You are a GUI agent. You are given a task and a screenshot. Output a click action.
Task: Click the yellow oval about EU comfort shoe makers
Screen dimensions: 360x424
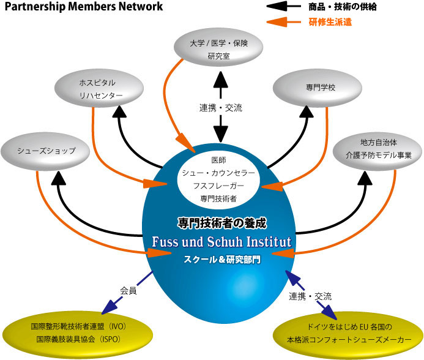tap(347, 331)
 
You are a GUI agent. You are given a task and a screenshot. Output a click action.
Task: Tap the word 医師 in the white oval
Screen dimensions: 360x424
tap(218, 160)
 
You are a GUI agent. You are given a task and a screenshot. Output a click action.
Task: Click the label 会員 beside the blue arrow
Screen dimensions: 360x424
tap(128, 291)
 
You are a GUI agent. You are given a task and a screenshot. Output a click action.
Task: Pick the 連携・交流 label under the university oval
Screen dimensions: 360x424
tap(221, 108)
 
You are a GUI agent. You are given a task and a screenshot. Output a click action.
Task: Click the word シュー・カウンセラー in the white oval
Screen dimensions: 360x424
tap(218, 173)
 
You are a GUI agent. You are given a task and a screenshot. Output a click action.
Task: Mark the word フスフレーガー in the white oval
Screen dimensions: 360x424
tap(218, 186)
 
